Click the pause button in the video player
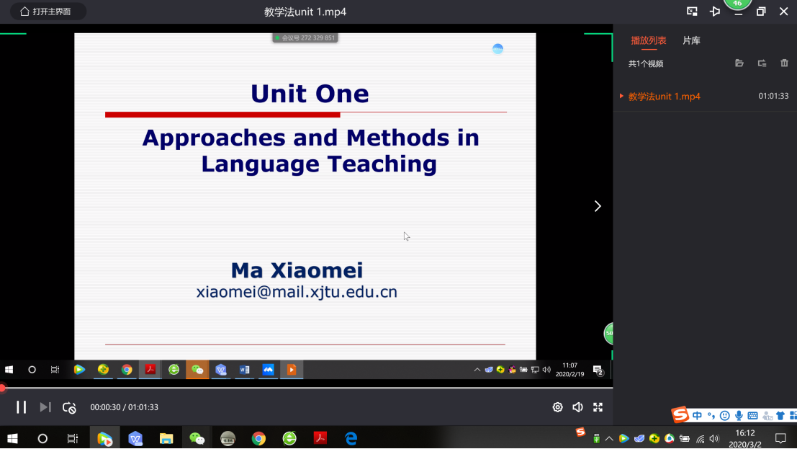coord(21,407)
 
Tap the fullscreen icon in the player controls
coord(598,407)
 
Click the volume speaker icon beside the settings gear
coord(577,407)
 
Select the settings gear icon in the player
coord(557,407)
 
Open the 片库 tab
coord(691,41)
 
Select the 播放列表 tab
coord(649,41)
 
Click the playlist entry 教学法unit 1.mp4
coord(665,97)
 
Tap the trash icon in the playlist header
coord(784,63)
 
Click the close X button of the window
coord(784,12)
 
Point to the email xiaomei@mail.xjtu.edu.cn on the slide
coord(297,292)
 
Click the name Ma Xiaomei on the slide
coord(297,270)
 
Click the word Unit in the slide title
coord(277,94)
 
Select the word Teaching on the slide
coord(382,164)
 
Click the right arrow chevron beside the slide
coord(598,206)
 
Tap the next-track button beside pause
coord(45,407)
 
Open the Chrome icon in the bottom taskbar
coord(258,438)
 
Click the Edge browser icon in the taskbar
coord(351,438)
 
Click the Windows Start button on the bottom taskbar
coord(12,438)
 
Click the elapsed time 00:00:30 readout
coord(105,407)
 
